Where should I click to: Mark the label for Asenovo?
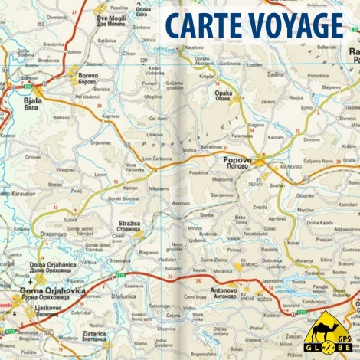(181, 203)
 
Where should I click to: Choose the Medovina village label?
(222, 180)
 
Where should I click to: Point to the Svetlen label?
(277, 185)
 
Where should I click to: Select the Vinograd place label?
(65, 170)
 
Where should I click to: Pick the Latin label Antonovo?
(223, 289)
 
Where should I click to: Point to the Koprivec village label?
(111, 116)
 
